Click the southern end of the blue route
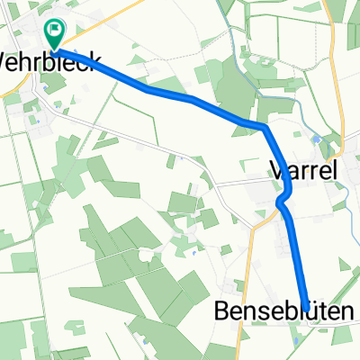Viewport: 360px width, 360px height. point(307,309)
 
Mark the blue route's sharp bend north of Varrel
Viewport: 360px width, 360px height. point(266,128)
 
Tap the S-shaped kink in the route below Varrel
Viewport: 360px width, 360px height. point(283,199)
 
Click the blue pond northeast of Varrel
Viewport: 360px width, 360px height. point(317,139)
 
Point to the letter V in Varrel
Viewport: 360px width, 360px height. point(276,168)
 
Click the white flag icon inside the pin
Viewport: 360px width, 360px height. point(55,31)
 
